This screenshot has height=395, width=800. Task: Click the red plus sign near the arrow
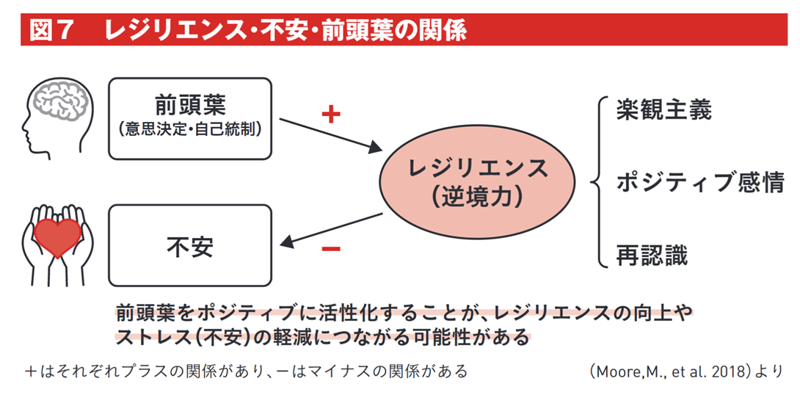tap(332, 115)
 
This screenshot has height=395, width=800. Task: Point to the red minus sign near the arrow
tap(331, 248)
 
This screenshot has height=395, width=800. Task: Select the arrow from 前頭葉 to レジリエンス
tap(323, 137)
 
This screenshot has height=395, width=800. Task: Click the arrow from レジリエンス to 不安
tap(330, 228)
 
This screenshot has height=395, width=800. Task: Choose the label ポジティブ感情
tap(700, 182)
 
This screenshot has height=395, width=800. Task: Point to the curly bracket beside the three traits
tap(596, 181)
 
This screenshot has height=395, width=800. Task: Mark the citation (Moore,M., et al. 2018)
tap(674, 371)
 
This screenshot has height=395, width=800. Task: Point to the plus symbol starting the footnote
tap(30, 372)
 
